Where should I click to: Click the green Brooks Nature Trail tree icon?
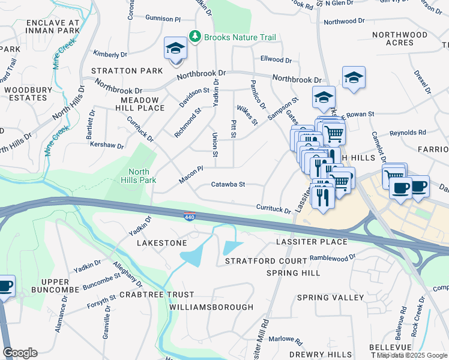click(x=194, y=37)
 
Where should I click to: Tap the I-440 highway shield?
click(x=189, y=215)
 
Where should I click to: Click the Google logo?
click(x=20, y=353)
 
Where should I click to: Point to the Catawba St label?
click(x=228, y=185)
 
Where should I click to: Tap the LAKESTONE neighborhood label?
click(x=162, y=243)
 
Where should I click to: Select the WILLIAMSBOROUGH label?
click(x=211, y=307)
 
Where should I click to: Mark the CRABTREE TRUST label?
click(x=157, y=295)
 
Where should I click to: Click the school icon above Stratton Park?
click(x=176, y=48)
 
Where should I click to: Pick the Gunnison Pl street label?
click(x=162, y=19)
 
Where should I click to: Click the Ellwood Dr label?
click(x=276, y=60)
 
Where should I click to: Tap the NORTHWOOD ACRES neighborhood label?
click(x=400, y=38)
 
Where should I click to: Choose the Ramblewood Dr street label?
click(x=333, y=257)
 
